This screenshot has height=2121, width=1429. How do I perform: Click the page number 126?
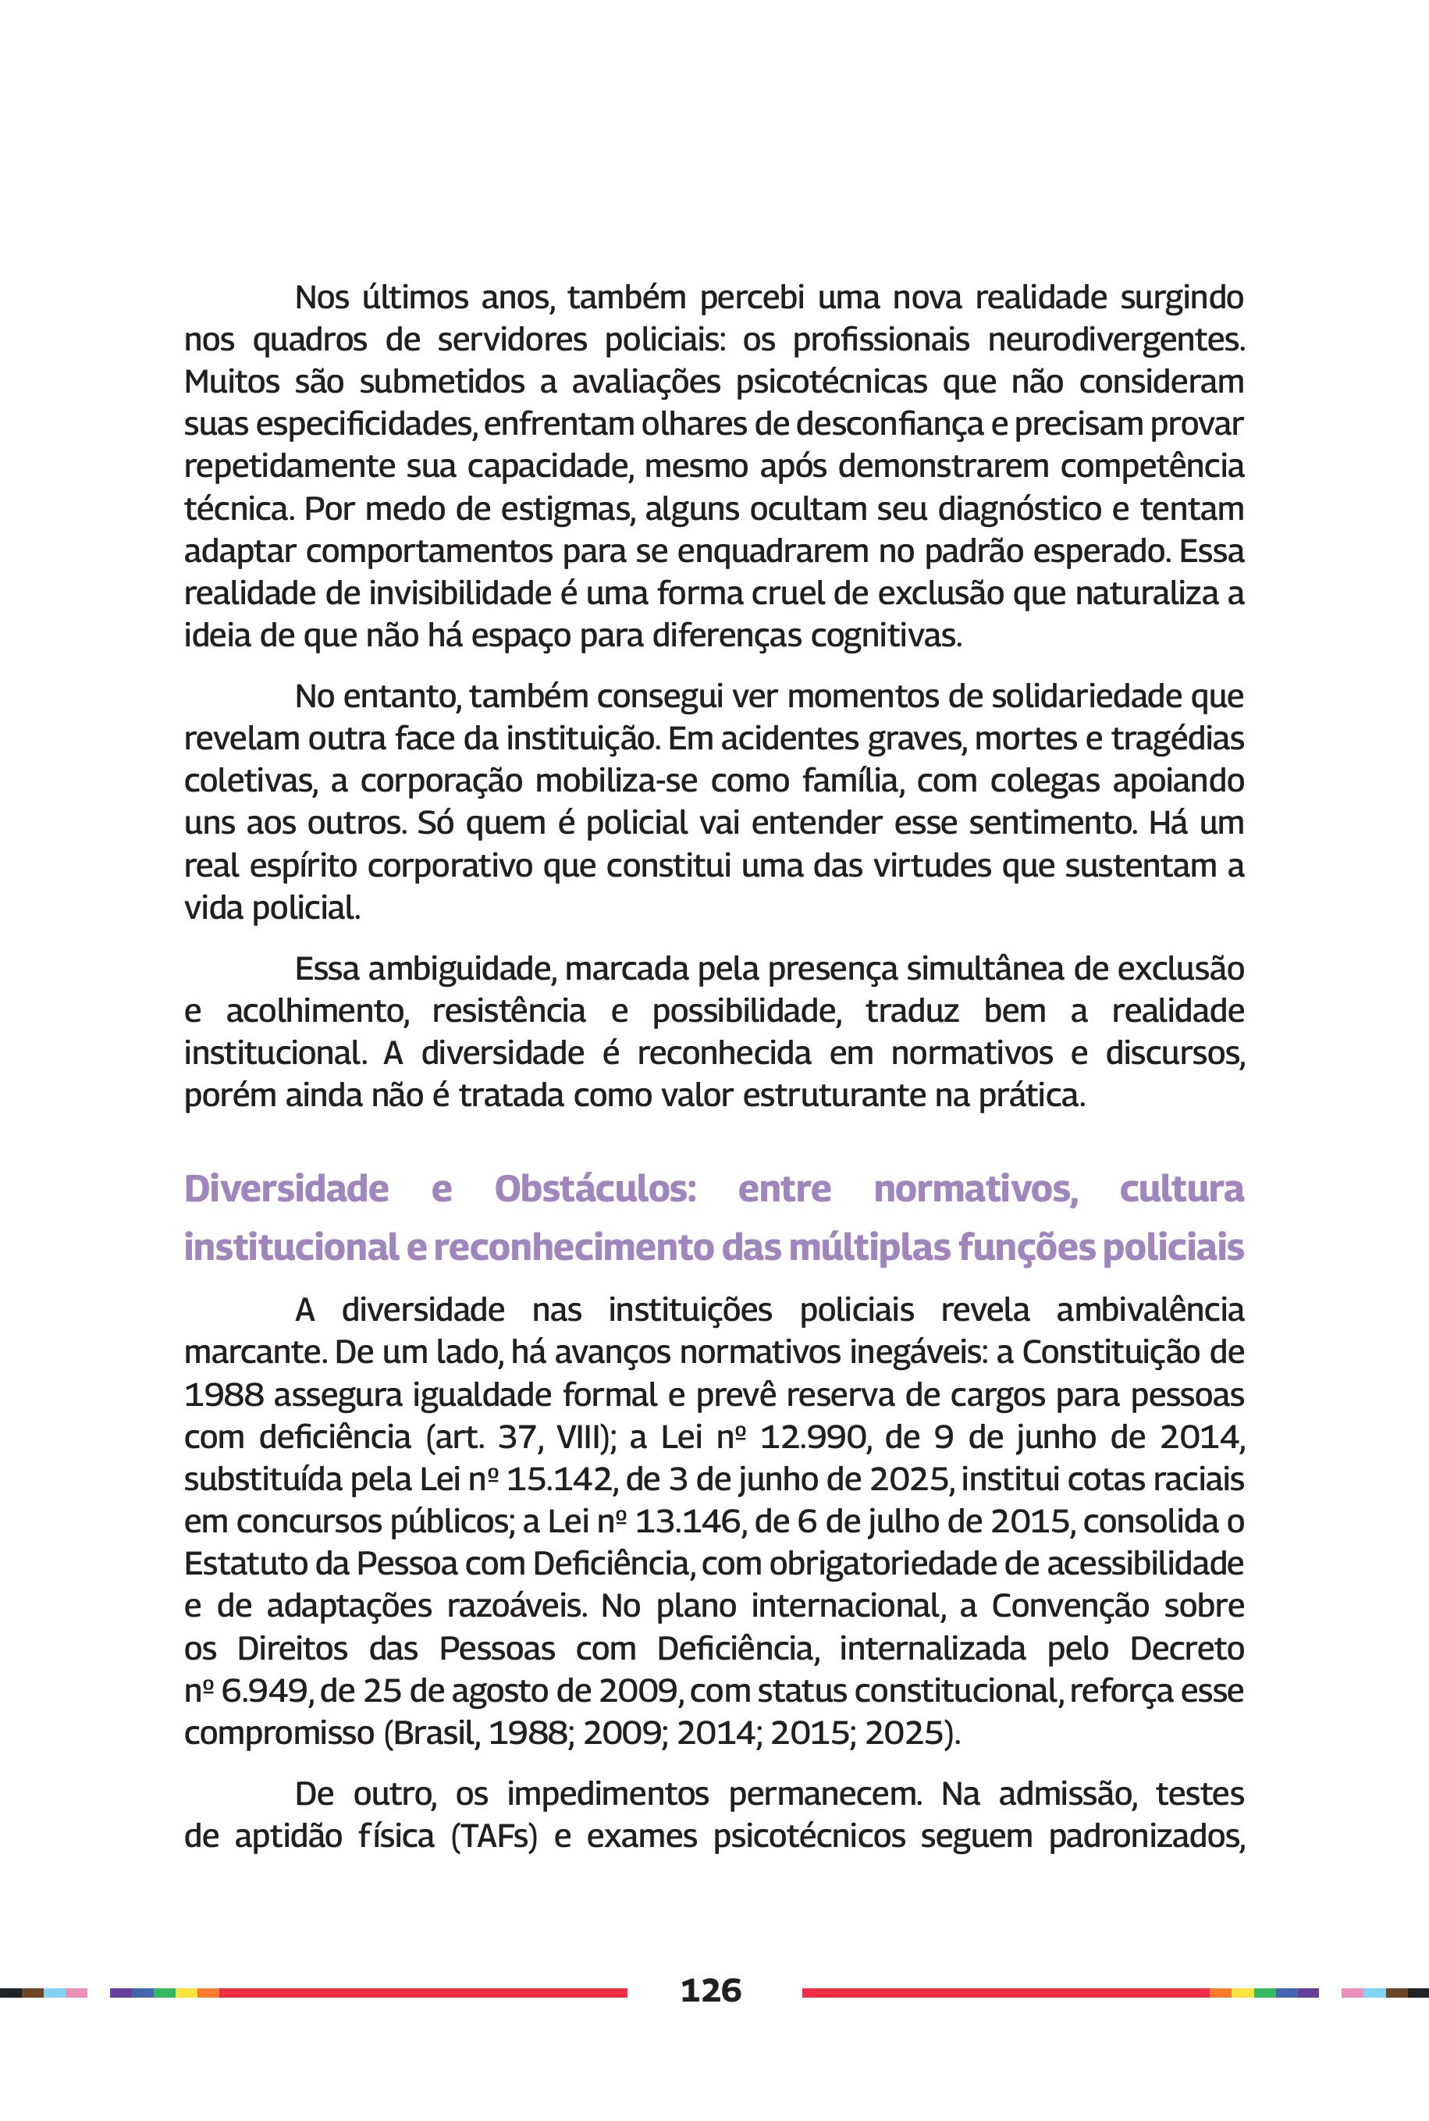tap(710, 1990)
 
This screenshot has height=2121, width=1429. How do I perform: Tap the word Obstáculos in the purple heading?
tap(595, 1190)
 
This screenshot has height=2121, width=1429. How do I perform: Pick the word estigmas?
tap(567, 509)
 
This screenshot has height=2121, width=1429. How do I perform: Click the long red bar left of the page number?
tap(423, 1992)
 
